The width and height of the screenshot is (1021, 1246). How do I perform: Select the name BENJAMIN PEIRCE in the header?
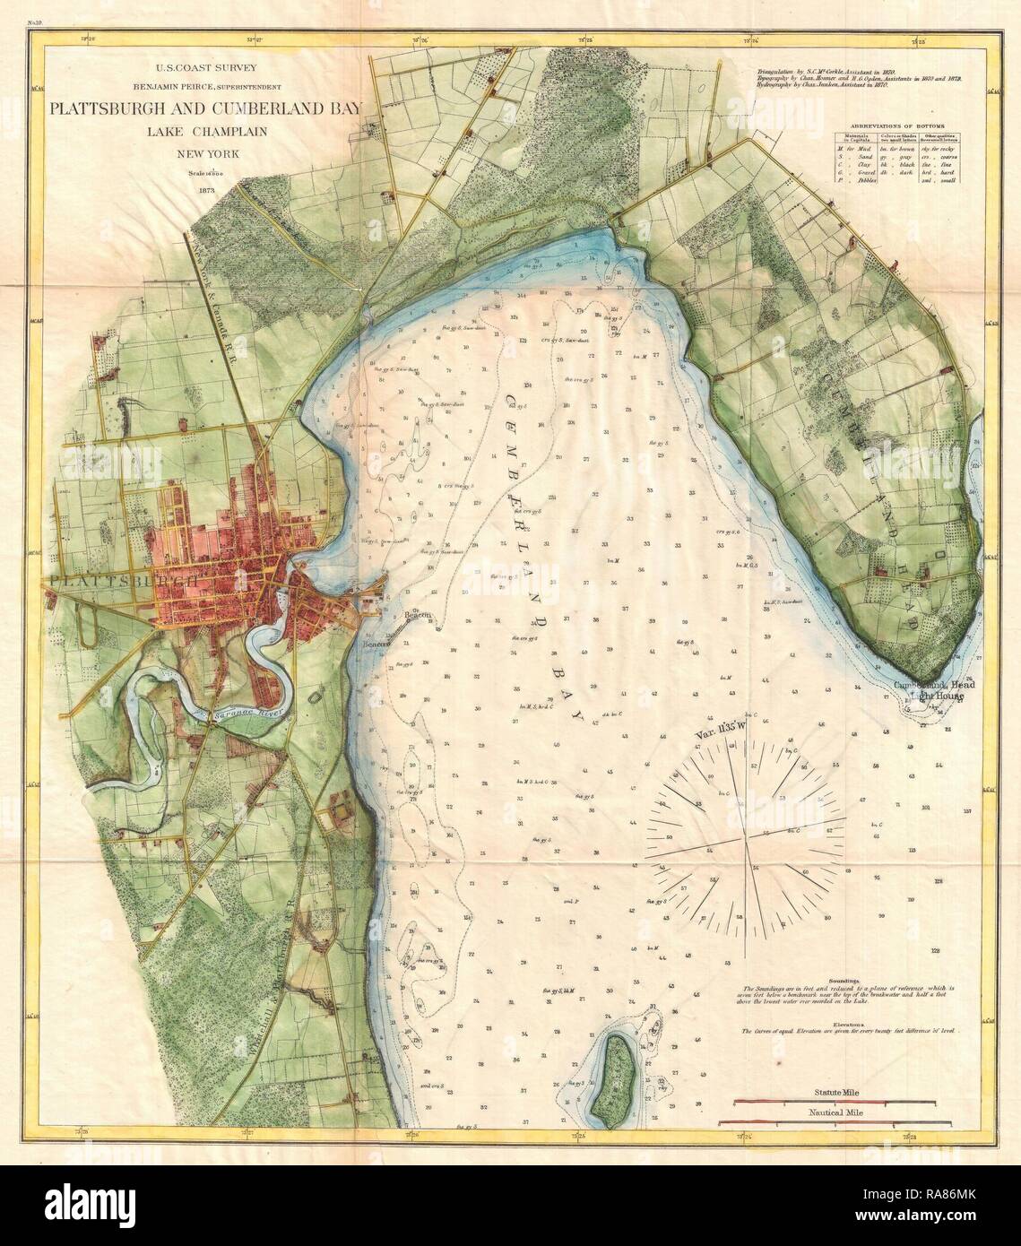click(161, 86)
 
